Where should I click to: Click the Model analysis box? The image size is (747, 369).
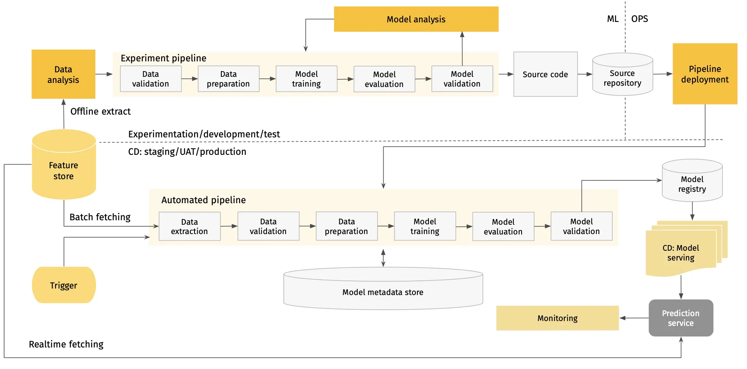coord(416,19)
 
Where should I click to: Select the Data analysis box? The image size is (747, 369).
coord(63,74)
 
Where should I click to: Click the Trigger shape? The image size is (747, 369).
coord(64,285)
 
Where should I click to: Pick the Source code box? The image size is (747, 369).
coord(545,74)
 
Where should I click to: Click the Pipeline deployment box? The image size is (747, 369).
coord(705,74)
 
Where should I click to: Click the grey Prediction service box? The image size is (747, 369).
coord(681,318)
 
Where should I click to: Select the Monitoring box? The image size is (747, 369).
coord(557,318)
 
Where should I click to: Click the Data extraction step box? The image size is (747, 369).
coord(190,226)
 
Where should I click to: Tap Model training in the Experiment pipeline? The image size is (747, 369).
coord(306,79)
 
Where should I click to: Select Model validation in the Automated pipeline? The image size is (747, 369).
coord(581,226)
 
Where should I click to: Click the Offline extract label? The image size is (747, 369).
coord(100,111)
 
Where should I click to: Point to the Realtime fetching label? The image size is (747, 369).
coord(66,344)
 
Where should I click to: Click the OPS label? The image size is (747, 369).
coord(640,19)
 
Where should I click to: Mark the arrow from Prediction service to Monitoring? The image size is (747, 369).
coord(634,318)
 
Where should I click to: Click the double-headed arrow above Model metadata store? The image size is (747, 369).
coord(383,258)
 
